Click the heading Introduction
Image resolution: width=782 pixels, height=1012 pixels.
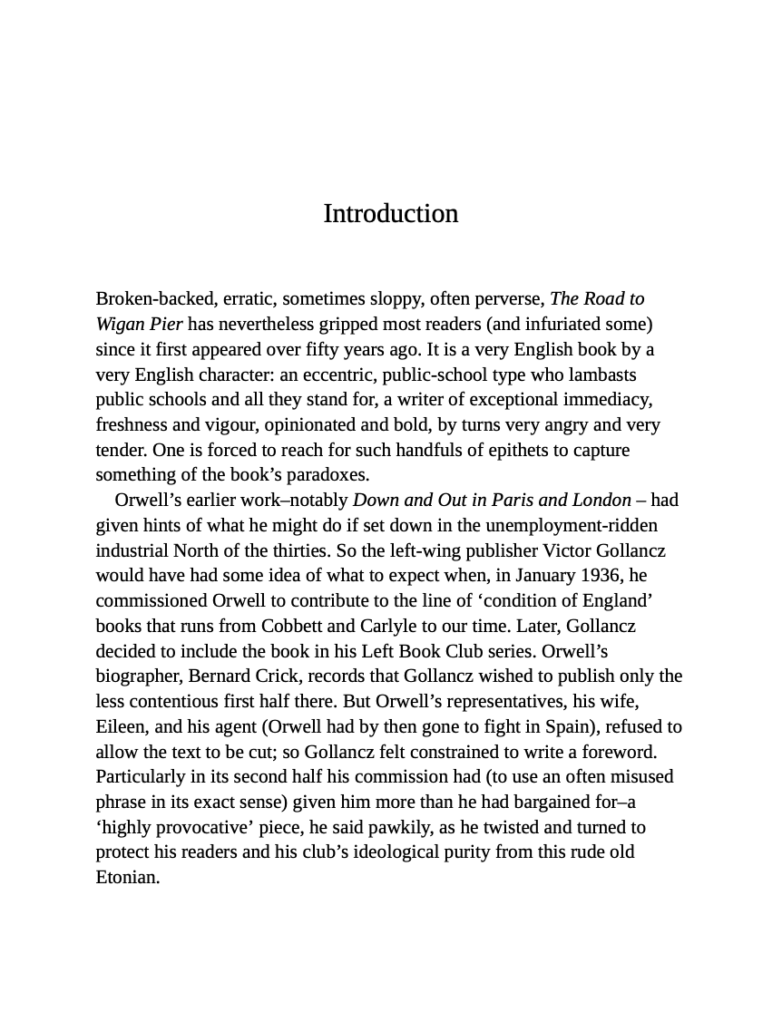click(x=390, y=213)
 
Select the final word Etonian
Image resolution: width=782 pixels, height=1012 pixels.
click(x=128, y=877)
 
